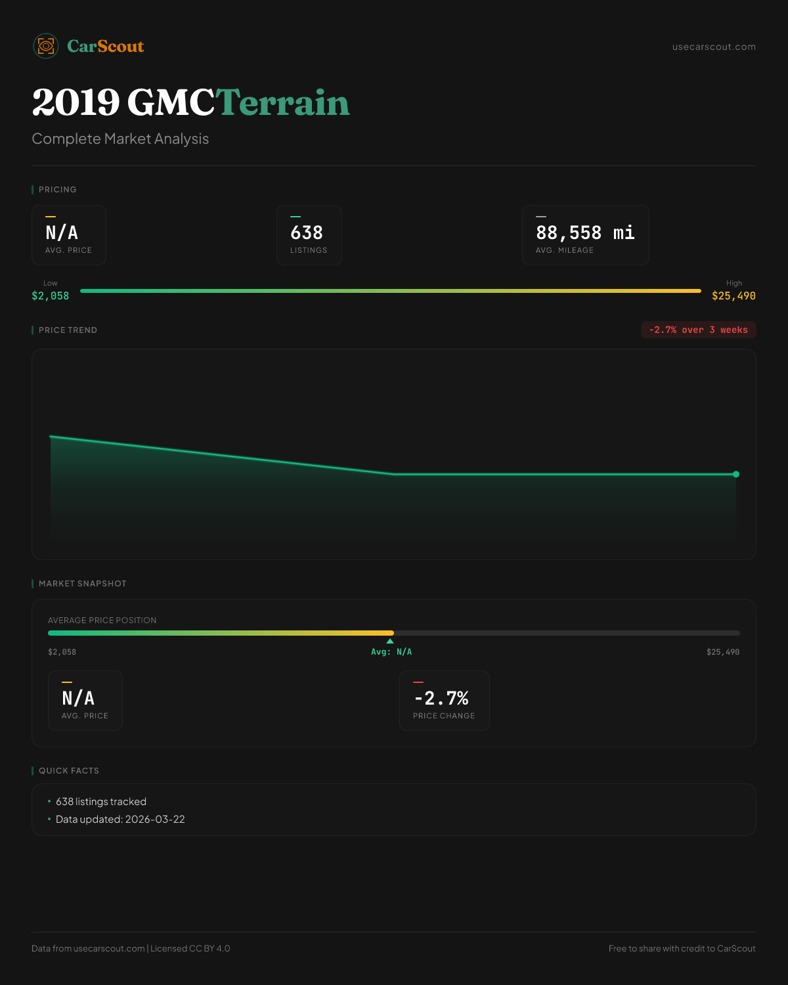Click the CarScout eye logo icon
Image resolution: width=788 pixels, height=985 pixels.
46,46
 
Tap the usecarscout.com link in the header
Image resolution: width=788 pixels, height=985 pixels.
714,47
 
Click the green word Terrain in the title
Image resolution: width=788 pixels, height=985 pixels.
282,103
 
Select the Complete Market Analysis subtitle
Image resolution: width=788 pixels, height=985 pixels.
120,139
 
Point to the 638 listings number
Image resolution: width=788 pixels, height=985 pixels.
307,232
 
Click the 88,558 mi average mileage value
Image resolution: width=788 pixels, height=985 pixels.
585,232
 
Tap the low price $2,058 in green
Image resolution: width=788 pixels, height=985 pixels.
51,295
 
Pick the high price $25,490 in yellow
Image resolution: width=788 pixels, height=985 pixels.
733,295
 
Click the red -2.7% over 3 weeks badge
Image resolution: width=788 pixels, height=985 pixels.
698,330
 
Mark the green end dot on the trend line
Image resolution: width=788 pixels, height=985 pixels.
736,474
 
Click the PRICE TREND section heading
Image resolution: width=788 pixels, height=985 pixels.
68,330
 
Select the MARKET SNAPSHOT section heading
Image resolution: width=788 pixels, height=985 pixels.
82,584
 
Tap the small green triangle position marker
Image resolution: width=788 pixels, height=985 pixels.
390,641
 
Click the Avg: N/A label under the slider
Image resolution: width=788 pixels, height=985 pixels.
391,652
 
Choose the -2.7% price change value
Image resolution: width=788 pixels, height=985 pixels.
441,697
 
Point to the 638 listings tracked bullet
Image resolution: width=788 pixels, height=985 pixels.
101,802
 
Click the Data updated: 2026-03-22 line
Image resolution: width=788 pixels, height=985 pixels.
120,820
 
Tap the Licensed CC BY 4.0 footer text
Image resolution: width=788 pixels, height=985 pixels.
190,948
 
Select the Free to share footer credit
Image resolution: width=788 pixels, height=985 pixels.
682,948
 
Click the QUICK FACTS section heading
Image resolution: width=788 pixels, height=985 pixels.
68,771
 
